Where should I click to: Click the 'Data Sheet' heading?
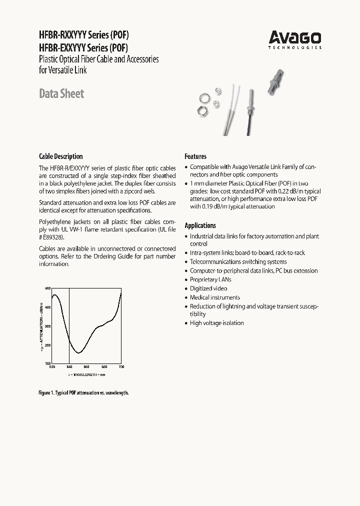[x=61, y=93]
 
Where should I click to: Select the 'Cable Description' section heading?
[x=60, y=156]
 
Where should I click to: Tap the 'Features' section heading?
[x=195, y=156]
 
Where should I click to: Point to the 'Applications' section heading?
[x=200, y=225]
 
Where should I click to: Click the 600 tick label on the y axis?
[x=48, y=288]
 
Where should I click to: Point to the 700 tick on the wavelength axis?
[x=121, y=367]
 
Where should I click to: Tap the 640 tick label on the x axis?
[x=69, y=367]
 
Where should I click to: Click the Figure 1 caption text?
[x=83, y=393]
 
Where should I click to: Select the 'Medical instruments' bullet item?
[x=214, y=297]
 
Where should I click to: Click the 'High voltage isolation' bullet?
[x=216, y=323]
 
